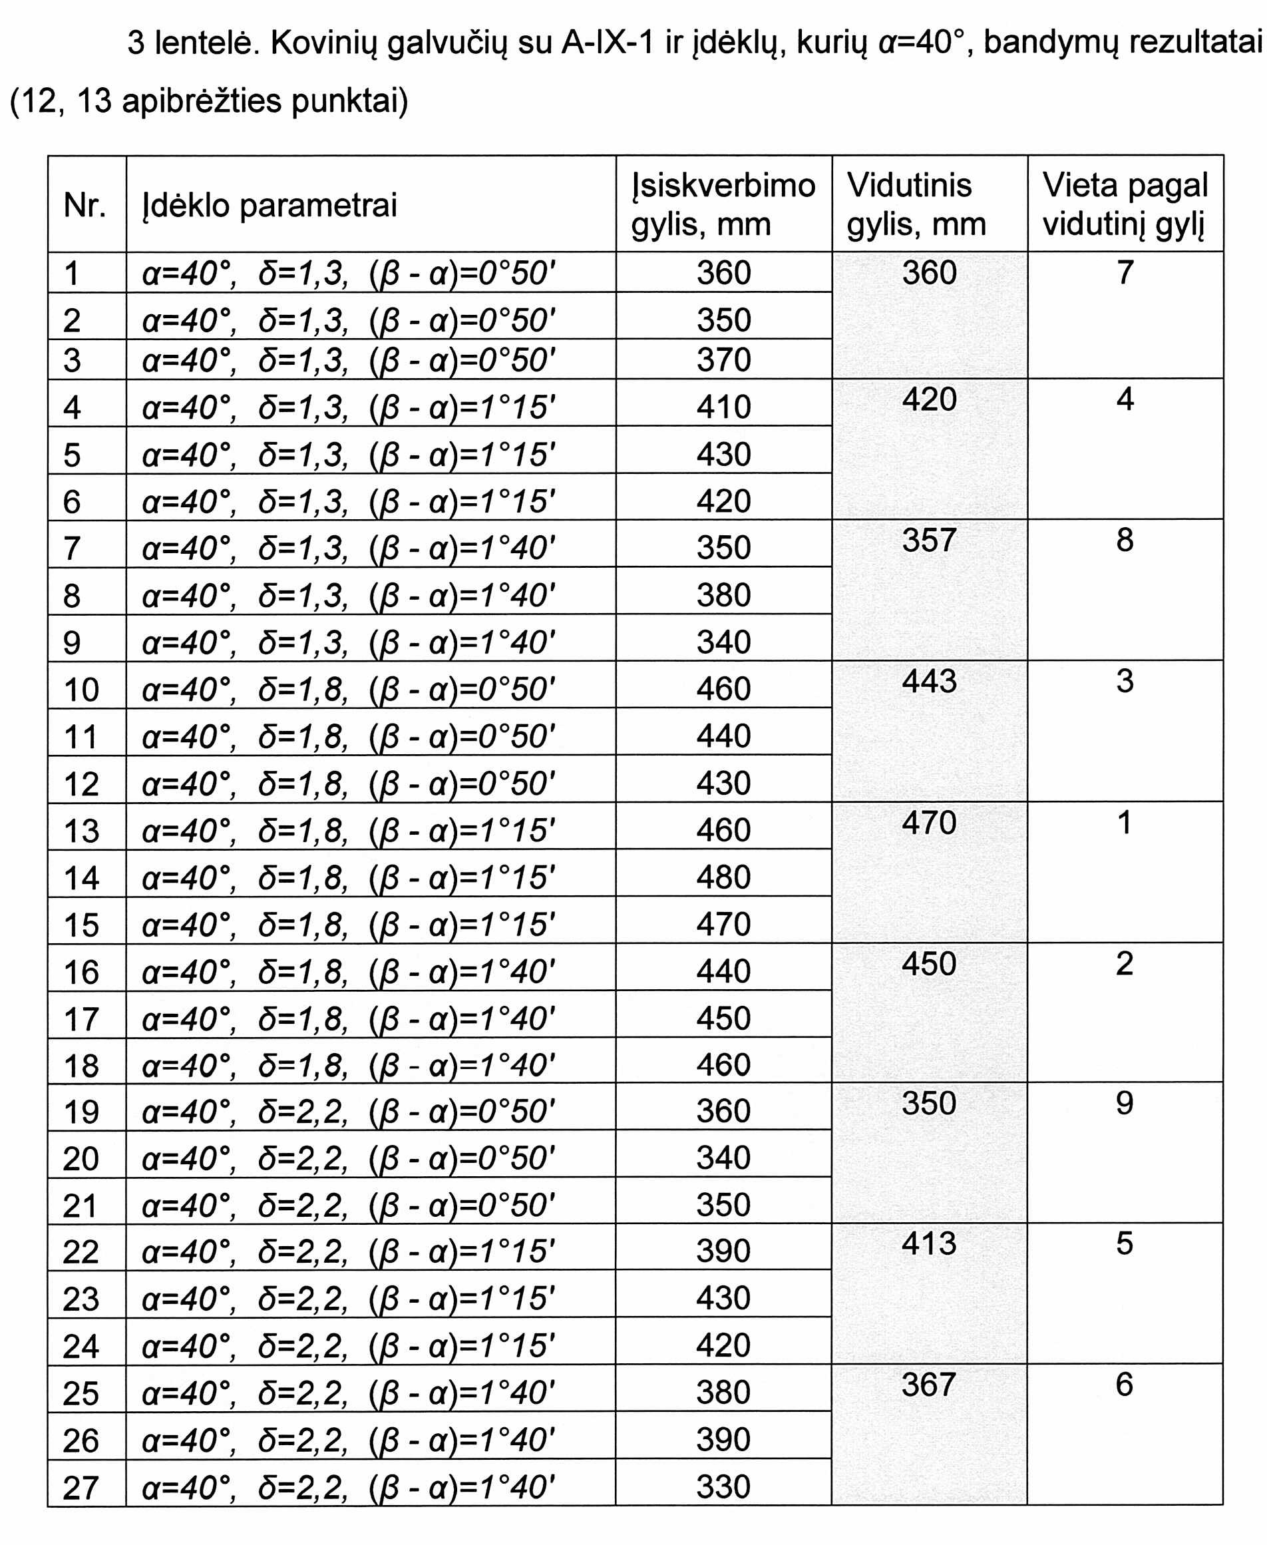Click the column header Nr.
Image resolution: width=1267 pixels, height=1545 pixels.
pos(85,205)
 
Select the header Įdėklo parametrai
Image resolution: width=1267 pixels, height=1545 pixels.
pos(270,205)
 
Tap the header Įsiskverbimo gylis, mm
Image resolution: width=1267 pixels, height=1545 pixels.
pos(723,204)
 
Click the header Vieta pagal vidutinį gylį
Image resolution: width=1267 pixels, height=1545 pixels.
pos(1125,204)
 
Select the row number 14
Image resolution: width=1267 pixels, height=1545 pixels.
pos(81,877)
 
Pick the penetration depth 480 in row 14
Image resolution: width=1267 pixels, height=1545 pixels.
pos(723,877)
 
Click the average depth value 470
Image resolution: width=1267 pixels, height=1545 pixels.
pos(928,823)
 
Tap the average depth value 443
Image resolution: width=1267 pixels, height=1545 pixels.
pos(928,681)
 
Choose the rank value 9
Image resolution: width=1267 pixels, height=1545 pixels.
pos(1124,1103)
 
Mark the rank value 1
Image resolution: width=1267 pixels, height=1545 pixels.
pos(1124,823)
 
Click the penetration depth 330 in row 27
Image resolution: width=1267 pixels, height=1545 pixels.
pos(723,1486)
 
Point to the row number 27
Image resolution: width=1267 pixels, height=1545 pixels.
pos(81,1487)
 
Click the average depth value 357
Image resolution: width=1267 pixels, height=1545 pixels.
pos(928,541)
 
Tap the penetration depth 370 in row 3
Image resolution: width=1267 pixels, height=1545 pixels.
pos(723,360)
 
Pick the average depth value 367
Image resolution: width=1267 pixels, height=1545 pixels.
pos(928,1385)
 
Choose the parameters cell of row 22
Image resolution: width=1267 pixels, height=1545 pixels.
pos(348,1251)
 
